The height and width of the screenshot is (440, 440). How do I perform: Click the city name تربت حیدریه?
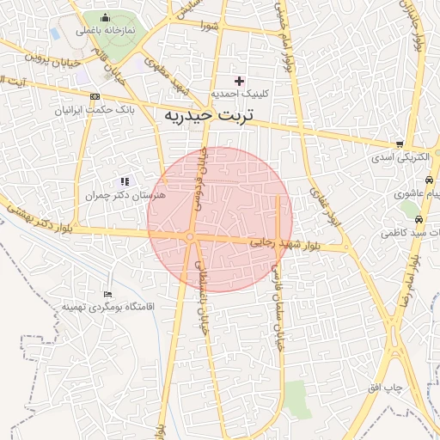210,113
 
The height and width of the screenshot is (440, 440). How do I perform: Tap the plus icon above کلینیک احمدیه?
240,81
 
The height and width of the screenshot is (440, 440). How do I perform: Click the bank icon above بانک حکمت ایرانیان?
94,96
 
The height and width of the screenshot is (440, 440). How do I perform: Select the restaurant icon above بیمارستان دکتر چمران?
125,181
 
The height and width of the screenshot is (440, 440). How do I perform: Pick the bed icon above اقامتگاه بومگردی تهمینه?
107,294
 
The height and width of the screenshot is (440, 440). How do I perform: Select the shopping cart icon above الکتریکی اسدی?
400,144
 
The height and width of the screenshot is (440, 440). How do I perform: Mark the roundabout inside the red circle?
191,237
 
